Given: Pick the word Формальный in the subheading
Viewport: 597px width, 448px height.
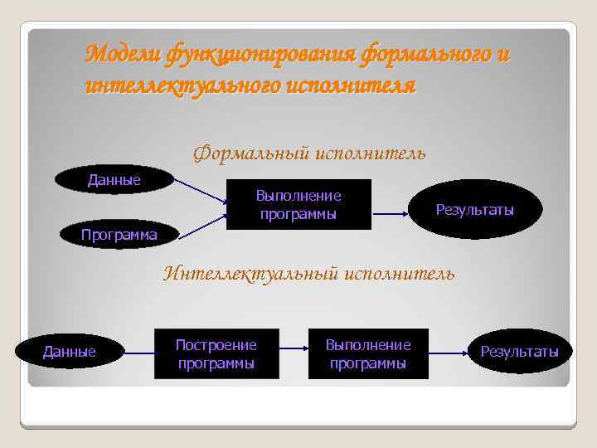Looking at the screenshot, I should coord(250,153).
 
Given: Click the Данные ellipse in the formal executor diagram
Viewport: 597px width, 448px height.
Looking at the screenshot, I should coord(114,180).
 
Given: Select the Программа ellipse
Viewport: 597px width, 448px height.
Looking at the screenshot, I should coord(119,235).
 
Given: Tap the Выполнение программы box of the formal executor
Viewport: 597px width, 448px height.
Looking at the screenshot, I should coord(298,205).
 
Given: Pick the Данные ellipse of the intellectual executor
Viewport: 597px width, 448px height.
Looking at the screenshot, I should coord(70,352).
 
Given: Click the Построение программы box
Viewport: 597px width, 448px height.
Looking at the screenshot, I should coord(216,353).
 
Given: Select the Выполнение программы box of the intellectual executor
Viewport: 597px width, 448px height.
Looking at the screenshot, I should coord(368,353).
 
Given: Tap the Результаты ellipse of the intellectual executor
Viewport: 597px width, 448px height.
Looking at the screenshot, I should coord(520,352).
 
